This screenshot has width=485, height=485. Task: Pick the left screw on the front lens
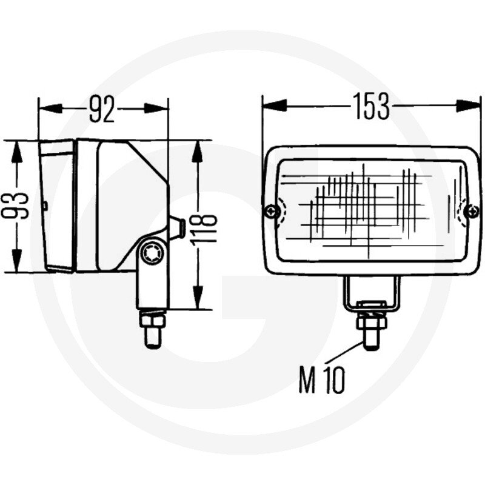272,212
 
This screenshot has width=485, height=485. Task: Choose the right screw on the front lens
473,212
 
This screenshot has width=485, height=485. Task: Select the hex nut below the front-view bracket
372,322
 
